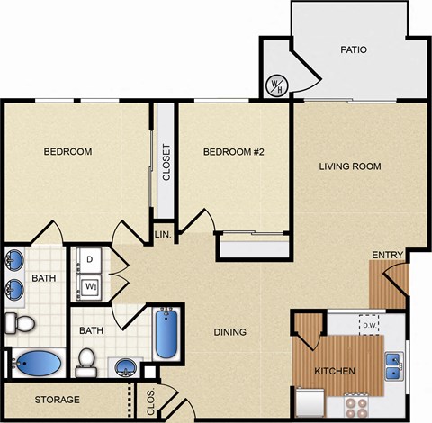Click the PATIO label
pos(353,49)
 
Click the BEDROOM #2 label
pos(232,152)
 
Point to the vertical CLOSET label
pos(166,163)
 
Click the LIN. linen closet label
pos(163,234)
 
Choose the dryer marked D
pos(90,261)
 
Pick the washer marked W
pos(90,287)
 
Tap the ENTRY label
pos(388,256)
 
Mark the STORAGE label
pos(58,399)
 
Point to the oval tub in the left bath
pos(38,364)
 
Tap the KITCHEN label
pos(334,371)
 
